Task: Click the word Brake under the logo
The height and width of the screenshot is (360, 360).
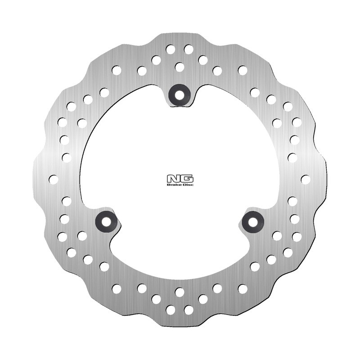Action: pos(175,184)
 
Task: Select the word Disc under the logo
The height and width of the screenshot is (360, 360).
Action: pos(186,184)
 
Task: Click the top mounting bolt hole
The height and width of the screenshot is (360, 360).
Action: pos(180,94)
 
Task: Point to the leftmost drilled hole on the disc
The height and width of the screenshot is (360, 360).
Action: pos(53,179)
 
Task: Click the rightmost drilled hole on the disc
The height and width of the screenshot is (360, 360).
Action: pos(306,179)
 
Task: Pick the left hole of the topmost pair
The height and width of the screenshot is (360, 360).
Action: pos(171,49)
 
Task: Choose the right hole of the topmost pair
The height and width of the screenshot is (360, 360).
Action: pos(189,49)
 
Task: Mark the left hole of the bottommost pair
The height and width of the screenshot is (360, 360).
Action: pos(171,310)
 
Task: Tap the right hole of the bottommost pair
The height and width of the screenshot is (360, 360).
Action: pos(189,310)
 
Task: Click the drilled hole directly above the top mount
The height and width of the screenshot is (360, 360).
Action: pos(180,67)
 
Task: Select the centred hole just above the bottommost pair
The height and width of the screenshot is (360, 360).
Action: pos(180,292)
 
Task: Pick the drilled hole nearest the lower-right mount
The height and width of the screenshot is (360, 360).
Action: pos(277,235)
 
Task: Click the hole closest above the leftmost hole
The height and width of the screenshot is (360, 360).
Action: pos(67,157)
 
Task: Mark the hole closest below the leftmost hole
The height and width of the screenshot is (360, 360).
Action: pos(67,201)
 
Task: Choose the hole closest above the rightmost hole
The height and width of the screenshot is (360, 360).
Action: pos(292,157)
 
